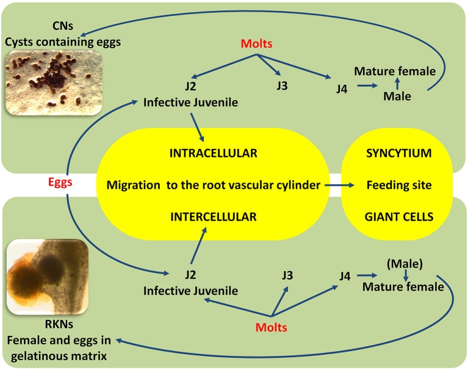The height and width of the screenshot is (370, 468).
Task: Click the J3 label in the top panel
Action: click(281, 85)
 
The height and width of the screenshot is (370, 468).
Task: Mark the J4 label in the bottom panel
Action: click(345, 275)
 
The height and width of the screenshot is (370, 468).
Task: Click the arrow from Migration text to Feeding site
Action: click(339, 184)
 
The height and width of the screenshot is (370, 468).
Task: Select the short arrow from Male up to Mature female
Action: click(397, 84)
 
